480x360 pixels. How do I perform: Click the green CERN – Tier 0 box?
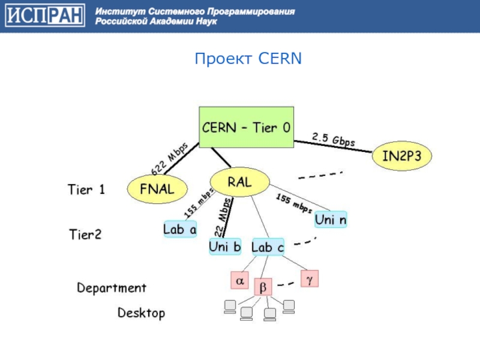246,128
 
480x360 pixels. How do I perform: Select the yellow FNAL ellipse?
157,190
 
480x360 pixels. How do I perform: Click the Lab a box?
180,229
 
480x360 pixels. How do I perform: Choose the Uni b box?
225,246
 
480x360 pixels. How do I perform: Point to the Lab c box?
268,247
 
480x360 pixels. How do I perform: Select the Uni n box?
331,220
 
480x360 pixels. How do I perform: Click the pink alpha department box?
239,280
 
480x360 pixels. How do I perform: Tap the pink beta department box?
263,287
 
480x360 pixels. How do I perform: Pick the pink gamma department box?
309,278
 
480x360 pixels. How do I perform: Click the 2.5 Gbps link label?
334,140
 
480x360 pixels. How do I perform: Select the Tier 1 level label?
86,190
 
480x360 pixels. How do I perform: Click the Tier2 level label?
85,235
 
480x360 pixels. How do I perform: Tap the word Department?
112,288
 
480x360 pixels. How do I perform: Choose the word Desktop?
141,313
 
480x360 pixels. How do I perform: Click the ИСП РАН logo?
45,16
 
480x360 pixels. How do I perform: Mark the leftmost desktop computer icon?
229,307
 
